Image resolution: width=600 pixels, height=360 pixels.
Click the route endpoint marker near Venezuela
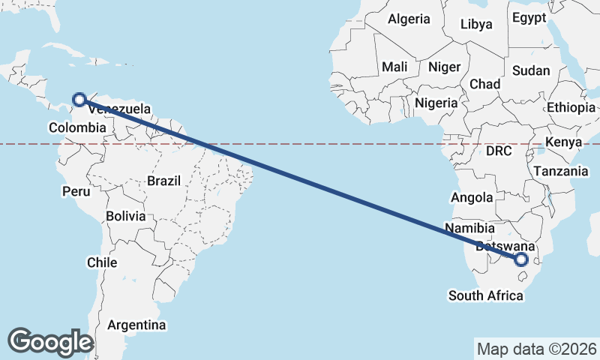79,98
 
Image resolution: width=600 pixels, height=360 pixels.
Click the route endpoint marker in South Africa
520,259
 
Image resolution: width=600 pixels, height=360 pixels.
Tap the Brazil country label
164,181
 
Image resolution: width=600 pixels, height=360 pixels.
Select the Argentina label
136,325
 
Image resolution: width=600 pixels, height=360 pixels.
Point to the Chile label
102,262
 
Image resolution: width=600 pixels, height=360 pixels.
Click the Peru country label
76,191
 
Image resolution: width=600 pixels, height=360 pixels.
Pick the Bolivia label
125,216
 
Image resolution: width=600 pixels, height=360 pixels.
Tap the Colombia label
77,127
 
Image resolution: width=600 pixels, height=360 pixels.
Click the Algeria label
409,19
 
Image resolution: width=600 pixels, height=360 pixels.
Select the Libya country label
476,24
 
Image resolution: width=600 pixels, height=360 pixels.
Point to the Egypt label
530,17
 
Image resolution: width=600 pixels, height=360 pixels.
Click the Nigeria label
436,103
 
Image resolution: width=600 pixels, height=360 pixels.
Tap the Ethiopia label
571,107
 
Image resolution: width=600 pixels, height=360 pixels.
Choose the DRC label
499,151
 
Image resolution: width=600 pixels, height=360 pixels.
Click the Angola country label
471,198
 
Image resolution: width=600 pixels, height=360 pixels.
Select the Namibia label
469,228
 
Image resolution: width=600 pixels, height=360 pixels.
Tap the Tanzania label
561,171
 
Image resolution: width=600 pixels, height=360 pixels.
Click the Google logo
50,341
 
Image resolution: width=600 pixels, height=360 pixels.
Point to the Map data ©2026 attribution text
536,349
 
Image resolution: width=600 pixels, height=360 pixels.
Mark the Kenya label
563,142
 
